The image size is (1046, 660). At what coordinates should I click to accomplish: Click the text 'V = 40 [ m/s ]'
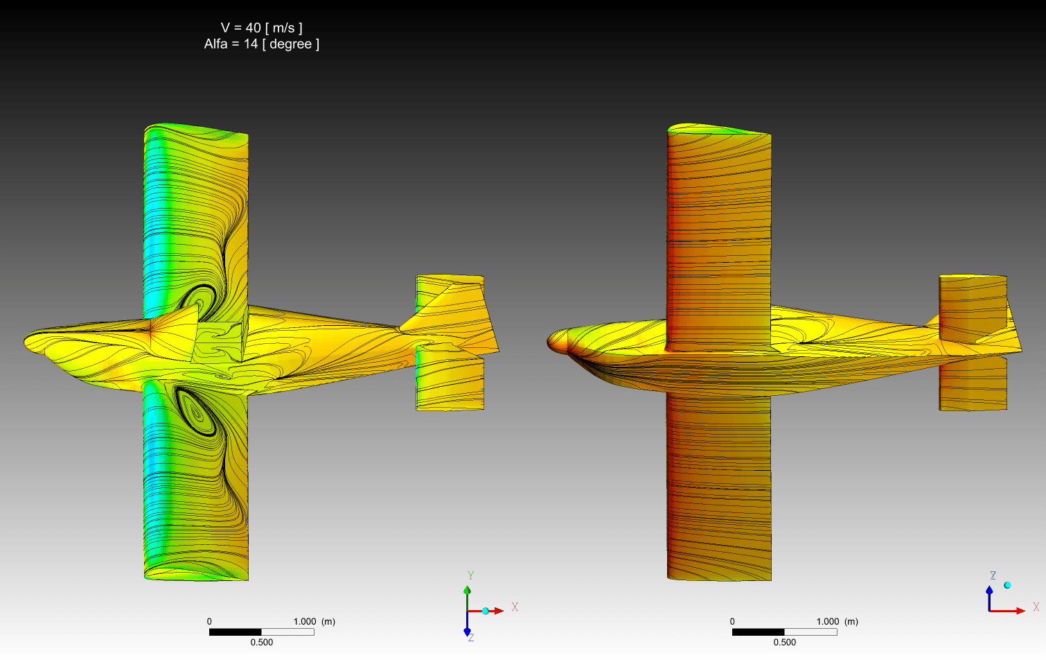coord(262,28)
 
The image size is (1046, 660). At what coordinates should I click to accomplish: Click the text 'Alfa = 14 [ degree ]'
coord(262,44)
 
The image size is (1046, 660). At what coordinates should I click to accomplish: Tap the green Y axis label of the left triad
coord(471,575)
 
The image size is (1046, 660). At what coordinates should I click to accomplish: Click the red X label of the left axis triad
coord(515,607)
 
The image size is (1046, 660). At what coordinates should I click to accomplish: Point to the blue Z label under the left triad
coord(471,638)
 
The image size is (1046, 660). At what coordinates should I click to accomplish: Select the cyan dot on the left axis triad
coord(486,611)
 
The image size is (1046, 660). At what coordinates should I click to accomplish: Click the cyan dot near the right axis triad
coord(1007,585)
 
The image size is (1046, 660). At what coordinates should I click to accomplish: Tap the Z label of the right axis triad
coord(993,575)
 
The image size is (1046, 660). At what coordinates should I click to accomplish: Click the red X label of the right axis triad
coord(1036,607)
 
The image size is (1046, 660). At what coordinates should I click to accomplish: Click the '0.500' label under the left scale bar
coord(262,642)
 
